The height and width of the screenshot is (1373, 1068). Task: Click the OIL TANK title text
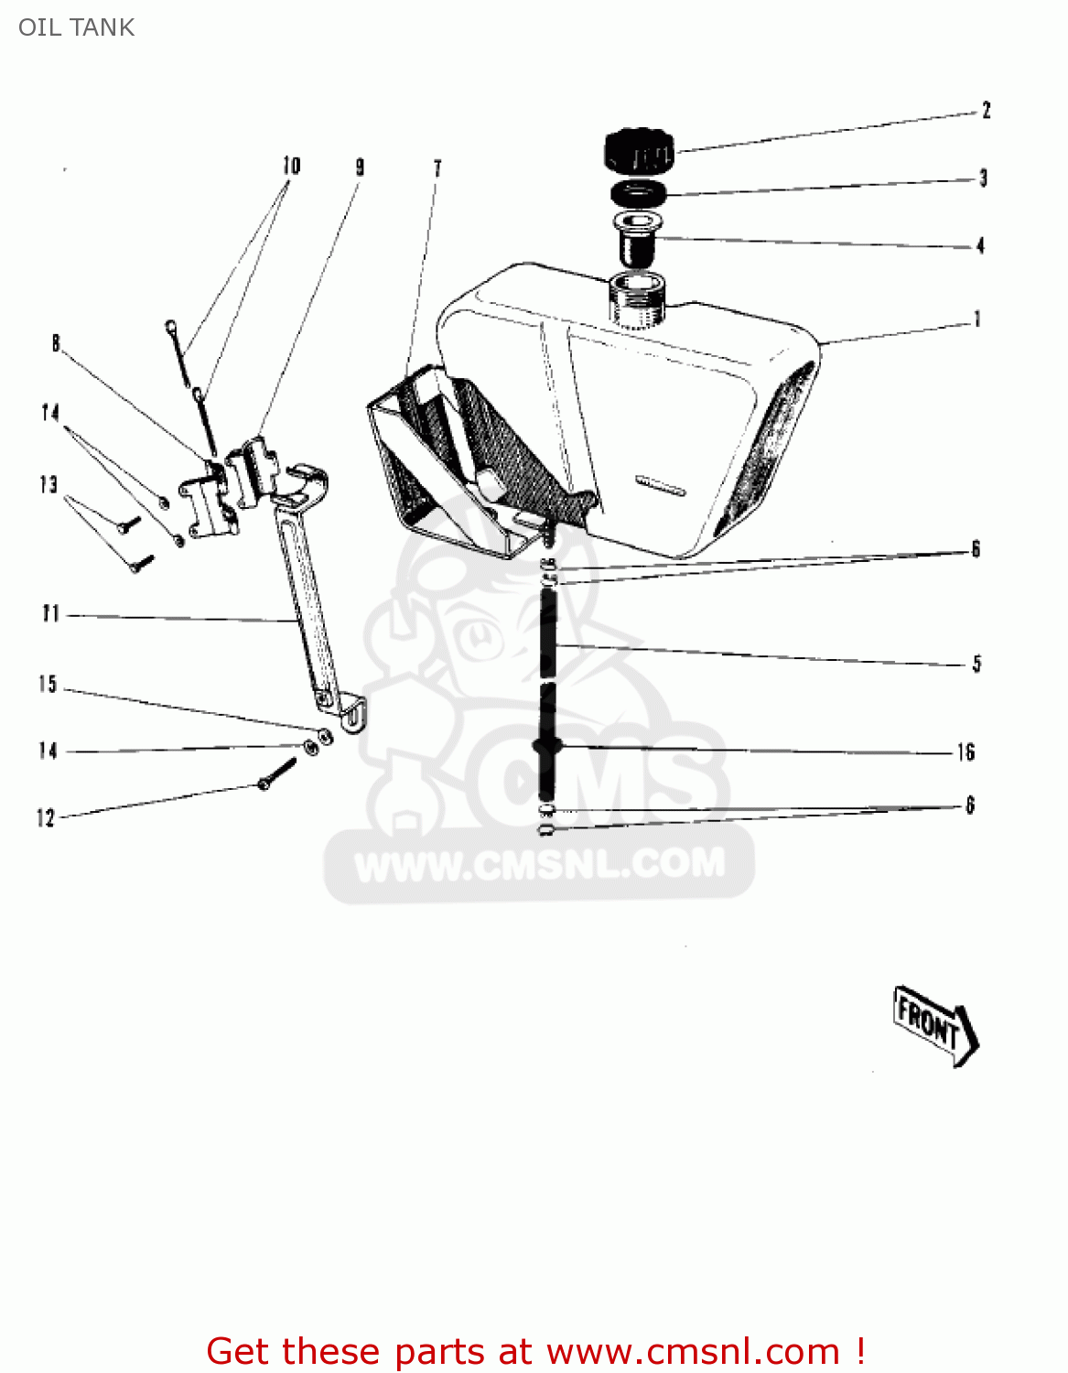coord(77,27)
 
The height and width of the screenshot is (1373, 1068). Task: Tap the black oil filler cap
coord(639,150)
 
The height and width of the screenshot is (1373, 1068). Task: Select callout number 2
coord(986,111)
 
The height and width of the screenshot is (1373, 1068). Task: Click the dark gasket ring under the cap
coord(639,192)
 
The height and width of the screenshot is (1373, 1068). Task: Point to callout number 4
coord(980,245)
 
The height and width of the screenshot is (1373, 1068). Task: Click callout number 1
coord(977,319)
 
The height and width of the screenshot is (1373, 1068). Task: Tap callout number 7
coord(437,168)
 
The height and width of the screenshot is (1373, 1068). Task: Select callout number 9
coord(360,168)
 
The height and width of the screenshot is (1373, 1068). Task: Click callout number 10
coord(291,166)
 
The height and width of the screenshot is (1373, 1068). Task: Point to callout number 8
coord(56,343)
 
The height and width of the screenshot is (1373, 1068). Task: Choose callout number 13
coord(49,484)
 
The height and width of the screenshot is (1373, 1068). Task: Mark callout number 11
coord(50,613)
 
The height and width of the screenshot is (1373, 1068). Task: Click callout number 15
coord(48,684)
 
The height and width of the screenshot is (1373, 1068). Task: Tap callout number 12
coord(46,818)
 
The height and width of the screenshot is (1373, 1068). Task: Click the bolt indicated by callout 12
coord(277,774)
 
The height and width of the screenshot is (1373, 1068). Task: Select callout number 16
coord(966,751)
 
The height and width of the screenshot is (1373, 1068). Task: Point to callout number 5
coord(976,664)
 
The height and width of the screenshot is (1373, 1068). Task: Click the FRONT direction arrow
coord(936,1026)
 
